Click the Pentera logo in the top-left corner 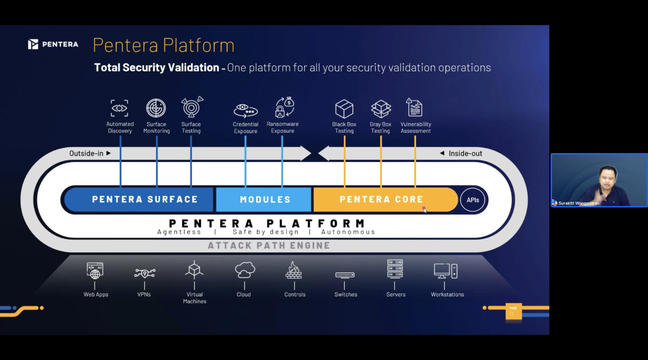[x=53, y=44]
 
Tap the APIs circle [x=472, y=200]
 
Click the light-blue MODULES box [x=264, y=199]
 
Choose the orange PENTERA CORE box [x=381, y=199]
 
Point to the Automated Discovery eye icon [x=120, y=108]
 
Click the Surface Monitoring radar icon [x=156, y=108]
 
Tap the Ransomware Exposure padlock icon [x=284, y=108]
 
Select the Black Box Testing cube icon [x=344, y=109]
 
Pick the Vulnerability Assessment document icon [x=415, y=108]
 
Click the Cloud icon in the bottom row [x=245, y=270]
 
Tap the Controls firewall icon [x=294, y=270]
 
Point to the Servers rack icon [x=395, y=269]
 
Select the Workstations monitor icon [x=445, y=271]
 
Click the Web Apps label [x=96, y=294]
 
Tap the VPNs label [x=144, y=294]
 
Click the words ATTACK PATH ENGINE [x=269, y=245]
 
